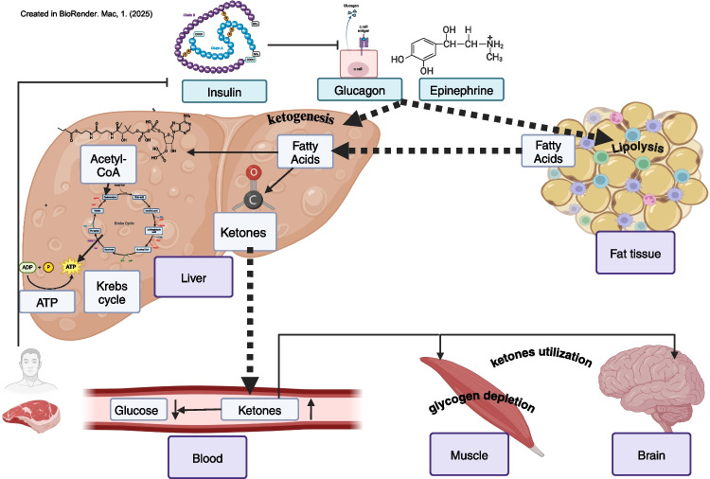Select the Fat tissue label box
(x=633, y=254)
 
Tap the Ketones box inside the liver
(x=245, y=231)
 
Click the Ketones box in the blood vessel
(x=259, y=409)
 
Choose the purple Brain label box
(x=651, y=455)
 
